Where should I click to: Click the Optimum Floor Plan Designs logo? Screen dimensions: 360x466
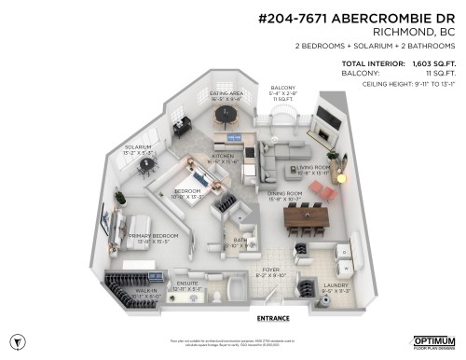pyautogui.click(x=433, y=342)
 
